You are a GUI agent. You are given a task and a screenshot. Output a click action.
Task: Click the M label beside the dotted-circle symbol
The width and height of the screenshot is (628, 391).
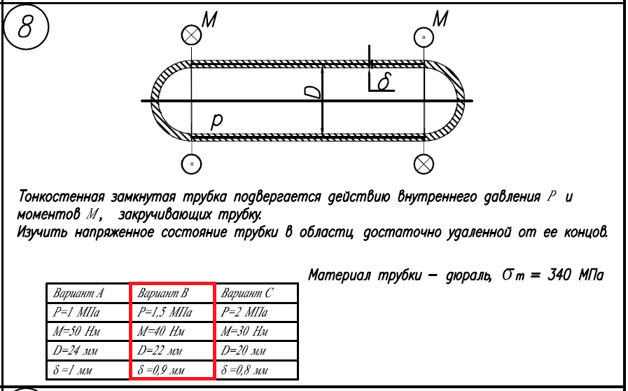click(440, 20)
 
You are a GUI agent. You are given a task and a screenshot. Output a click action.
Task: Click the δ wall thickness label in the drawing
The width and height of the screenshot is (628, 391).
click(383, 83)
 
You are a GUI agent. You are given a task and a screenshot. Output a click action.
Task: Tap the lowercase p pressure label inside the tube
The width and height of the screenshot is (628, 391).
click(217, 121)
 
